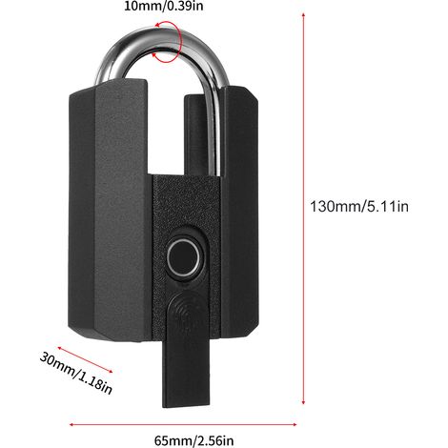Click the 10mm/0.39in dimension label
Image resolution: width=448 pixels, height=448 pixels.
coord(163,6)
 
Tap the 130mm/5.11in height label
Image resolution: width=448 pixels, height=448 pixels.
coord(359,207)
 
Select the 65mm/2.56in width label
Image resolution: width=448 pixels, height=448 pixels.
coord(194,440)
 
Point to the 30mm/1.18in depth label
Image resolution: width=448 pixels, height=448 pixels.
coord(75,373)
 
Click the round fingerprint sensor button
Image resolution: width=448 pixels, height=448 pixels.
coord(184,257)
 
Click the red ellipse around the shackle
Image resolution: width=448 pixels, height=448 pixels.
coord(168,42)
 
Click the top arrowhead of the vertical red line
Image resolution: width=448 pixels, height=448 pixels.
coord(304,15)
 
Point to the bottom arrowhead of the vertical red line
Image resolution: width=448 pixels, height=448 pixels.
coord(304,402)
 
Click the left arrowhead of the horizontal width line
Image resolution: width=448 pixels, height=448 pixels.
coord(71,424)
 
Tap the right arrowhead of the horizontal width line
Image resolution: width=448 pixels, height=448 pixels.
coord(295,424)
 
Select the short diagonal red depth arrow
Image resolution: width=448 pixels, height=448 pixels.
coord(85,359)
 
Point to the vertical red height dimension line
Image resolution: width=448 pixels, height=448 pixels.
coord(304,209)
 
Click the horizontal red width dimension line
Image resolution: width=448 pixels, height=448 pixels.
coord(183,424)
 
